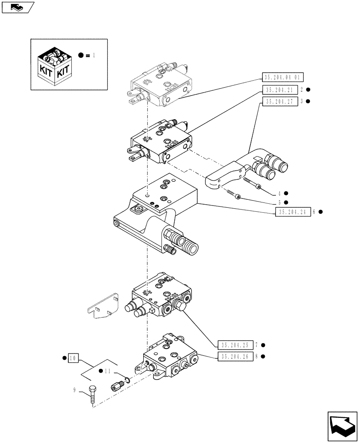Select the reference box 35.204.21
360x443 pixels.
(x=278, y=90)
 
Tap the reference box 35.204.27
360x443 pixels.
(x=278, y=101)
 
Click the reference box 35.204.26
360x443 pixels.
(x=235, y=356)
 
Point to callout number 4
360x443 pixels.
(x=279, y=193)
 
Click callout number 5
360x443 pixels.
(x=279, y=202)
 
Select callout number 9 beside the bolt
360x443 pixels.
(x=74, y=390)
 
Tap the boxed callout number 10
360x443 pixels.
(x=73, y=358)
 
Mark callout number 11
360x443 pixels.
(x=108, y=371)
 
